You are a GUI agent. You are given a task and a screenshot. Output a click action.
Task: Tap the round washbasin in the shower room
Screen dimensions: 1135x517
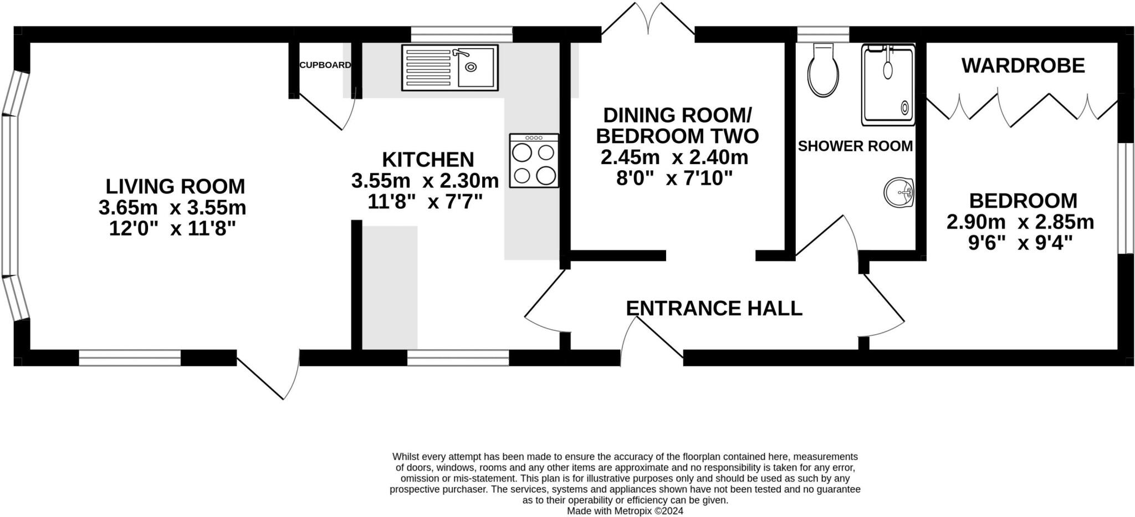pyautogui.click(x=898, y=192)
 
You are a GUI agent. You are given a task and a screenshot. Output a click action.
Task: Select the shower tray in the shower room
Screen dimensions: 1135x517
pyautogui.click(x=888, y=85)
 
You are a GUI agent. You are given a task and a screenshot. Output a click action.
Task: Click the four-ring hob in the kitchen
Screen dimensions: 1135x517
pyautogui.click(x=534, y=161)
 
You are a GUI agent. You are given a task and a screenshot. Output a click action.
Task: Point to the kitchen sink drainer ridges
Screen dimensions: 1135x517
pyautogui.click(x=429, y=68)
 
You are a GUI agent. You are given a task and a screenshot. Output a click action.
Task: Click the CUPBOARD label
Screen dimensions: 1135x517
pyautogui.click(x=325, y=65)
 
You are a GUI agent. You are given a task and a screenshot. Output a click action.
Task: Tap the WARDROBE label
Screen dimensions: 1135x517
pyautogui.click(x=1023, y=65)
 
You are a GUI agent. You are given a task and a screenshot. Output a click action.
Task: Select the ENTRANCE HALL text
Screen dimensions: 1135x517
pyautogui.click(x=714, y=308)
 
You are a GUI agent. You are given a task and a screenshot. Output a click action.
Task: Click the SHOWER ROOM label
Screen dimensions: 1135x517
pyautogui.click(x=855, y=146)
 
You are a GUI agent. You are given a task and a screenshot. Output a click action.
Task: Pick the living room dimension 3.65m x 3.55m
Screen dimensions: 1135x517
pyautogui.click(x=172, y=208)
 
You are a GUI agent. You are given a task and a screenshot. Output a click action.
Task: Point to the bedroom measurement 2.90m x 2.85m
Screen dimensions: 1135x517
pyautogui.click(x=1020, y=222)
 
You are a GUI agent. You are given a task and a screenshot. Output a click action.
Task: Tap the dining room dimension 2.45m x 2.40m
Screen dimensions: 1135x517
pyautogui.click(x=674, y=157)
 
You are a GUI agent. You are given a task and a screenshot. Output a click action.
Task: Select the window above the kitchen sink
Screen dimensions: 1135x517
pyautogui.click(x=462, y=34)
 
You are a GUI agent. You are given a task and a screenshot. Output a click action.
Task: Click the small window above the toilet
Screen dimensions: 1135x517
pyautogui.click(x=823, y=34)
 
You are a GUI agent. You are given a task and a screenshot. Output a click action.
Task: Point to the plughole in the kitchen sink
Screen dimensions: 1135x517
pyautogui.click(x=471, y=67)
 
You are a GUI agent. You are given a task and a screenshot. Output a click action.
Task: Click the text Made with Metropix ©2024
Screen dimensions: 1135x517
pyautogui.click(x=625, y=511)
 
